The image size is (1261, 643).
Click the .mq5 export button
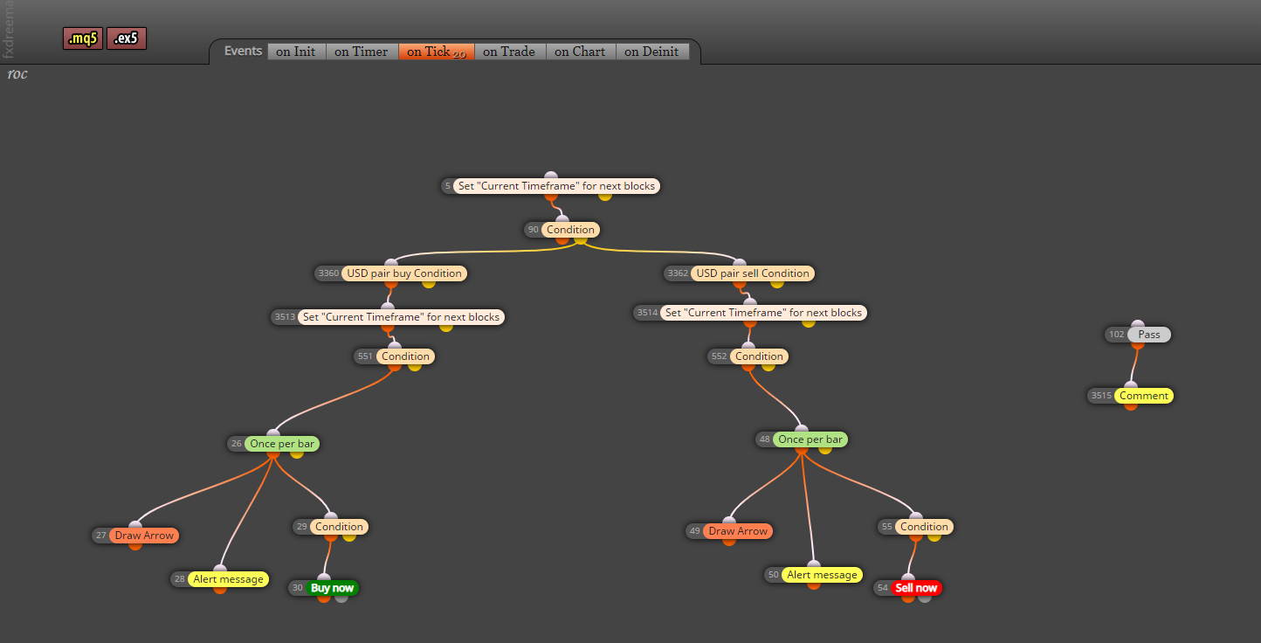click(x=83, y=38)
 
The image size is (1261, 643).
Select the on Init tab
click(x=296, y=52)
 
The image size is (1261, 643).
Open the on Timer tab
click(x=362, y=52)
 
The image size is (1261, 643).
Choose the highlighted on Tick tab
click(x=437, y=52)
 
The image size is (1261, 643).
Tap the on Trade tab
click(x=509, y=52)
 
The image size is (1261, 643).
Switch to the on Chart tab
click(x=581, y=52)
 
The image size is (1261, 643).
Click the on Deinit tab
click(x=651, y=52)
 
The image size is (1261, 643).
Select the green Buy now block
click(x=332, y=588)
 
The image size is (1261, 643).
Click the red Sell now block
click(x=916, y=588)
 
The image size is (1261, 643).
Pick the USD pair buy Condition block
click(x=404, y=273)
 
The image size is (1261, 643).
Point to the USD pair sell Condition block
click(x=753, y=273)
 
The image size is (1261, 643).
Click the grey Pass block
click(x=1149, y=335)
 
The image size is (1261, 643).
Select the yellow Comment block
click(x=1144, y=395)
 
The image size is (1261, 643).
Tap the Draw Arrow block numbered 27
click(x=144, y=536)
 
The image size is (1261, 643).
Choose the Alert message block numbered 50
click(x=822, y=574)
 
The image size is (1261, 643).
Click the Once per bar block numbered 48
click(x=810, y=439)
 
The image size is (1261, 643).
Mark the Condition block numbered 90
click(x=570, y=229)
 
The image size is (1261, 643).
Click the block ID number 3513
click(x=285, y=317)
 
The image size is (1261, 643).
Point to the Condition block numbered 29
click(x=339, y=527)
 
